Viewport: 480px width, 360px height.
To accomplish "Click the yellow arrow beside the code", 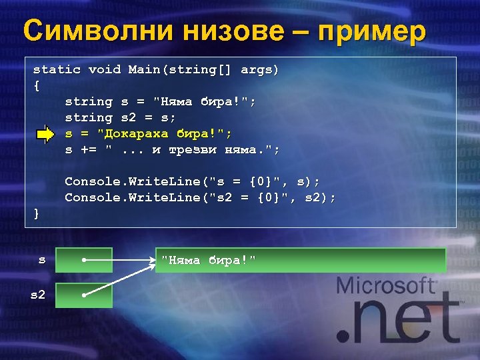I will click(46, 135).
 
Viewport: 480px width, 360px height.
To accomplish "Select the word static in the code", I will click(57, 69).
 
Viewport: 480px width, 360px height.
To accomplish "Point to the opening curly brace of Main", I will click(37, 85).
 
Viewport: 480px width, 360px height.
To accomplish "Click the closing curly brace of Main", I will click(37, 213).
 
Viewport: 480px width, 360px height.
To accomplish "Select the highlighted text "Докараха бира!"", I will click(179, 134).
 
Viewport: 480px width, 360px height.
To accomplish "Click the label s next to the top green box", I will click(41, 260).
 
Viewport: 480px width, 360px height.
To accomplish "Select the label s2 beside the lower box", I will click(38, 294).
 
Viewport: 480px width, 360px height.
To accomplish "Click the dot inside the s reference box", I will click(83, 260).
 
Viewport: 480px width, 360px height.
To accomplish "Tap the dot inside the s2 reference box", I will click(83, 294).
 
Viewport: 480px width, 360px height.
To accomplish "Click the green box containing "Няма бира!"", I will click(300, 260).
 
